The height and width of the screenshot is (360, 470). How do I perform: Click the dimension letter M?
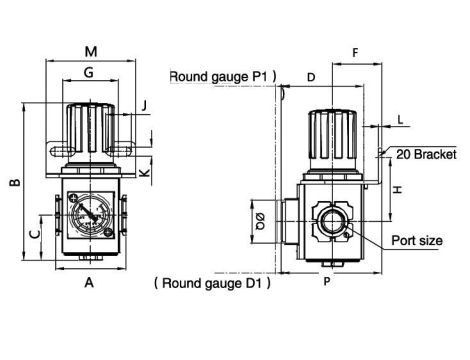click(x=91, y=52)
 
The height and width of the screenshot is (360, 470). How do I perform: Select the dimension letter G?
click(x=89, y=72)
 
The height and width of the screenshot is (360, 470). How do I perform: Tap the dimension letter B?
click(x=15, y=182)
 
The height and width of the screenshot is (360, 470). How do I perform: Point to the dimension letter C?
click(x=35, y=234)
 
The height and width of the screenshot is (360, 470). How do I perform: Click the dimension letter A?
click(x=89, y=282)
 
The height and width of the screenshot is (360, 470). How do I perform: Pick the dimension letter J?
click(x=144, y=106)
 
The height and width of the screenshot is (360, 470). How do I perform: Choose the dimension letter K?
click(x=144, y=173)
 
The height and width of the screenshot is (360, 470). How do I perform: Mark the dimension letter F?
click(x=355, y=52)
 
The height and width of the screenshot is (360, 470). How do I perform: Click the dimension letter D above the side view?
click(x=311, y=77)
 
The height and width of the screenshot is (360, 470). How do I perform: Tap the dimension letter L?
click(x=400, y=120)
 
